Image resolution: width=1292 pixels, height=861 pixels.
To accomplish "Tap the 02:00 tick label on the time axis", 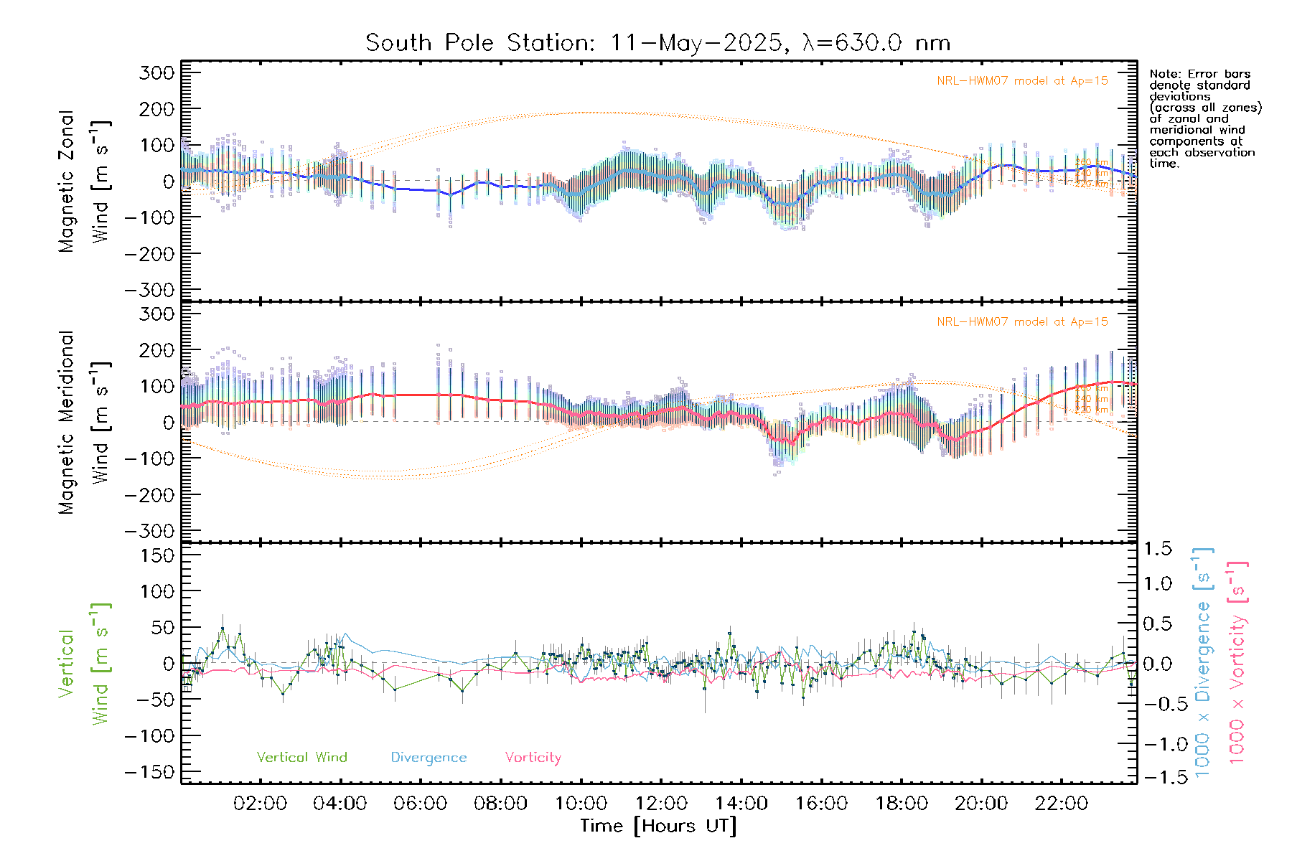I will [x=260, y=804].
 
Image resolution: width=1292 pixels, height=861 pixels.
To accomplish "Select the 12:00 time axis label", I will [x=661, y=804].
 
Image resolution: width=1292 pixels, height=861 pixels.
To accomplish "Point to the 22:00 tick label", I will [x=1062, y=804].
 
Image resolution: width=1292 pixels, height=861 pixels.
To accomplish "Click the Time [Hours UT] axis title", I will [x=658, y=826].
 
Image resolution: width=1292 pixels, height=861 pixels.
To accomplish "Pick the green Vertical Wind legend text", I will [x=301, y=757].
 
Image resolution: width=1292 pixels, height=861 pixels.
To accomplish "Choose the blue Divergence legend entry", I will [x=429, y=758].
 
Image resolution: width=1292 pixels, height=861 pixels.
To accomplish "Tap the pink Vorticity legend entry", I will [x=533, y=757].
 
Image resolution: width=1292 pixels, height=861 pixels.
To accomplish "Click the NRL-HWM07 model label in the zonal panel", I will [x=1022, y=81].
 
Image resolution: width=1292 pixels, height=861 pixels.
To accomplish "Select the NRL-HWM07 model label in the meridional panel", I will [x=1022, y=322].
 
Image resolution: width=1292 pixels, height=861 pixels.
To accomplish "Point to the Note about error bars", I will [x=1204, y=118].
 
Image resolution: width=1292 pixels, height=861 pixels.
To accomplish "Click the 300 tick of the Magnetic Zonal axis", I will [x=156, y=72].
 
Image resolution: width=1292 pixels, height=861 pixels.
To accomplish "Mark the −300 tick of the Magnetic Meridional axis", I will [x=149, y=531].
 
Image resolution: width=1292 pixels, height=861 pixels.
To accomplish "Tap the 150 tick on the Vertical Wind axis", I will [x=156, y=555].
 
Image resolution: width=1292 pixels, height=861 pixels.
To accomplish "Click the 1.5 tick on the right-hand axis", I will [x=1157, y=549].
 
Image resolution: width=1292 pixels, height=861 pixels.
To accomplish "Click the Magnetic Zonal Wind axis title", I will [x=83, y=182].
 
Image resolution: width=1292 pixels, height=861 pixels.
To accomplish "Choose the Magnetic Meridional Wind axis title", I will [x=83, y=423].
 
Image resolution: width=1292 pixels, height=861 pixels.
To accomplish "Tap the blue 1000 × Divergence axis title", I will [x=1203, y=663].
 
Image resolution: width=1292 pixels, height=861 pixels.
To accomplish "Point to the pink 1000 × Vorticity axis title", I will [x=1237, y=663].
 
